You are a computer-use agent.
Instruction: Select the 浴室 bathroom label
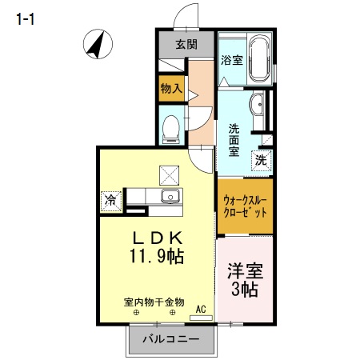tap(232, 59)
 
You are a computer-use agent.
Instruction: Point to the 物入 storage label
tap(170, 87)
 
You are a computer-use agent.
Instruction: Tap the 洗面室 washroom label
tap(234, 140)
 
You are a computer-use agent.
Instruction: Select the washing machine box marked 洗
tap(262, 159)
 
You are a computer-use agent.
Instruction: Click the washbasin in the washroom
tap(257, 103)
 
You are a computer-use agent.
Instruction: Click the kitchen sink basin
tap(170, 198)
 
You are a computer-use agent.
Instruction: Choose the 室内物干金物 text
tap(154, 302)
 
